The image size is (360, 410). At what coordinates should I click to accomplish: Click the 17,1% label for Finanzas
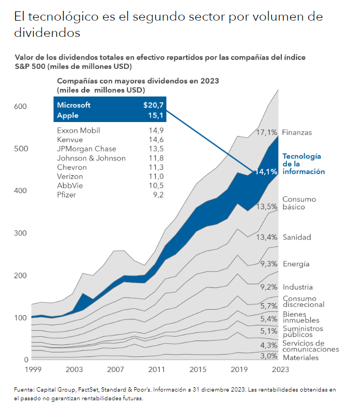click(x=267, y=132)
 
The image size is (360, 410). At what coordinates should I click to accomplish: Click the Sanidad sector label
click(x=297, y=238)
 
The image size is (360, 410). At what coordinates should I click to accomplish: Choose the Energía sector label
click(x=296, y=264)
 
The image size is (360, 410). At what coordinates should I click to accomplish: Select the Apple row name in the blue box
click(x=68, y=116)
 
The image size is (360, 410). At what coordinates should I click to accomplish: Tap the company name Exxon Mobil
click(x=79, y=131)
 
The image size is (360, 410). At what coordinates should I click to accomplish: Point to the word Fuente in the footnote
click(x=24, y=389)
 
